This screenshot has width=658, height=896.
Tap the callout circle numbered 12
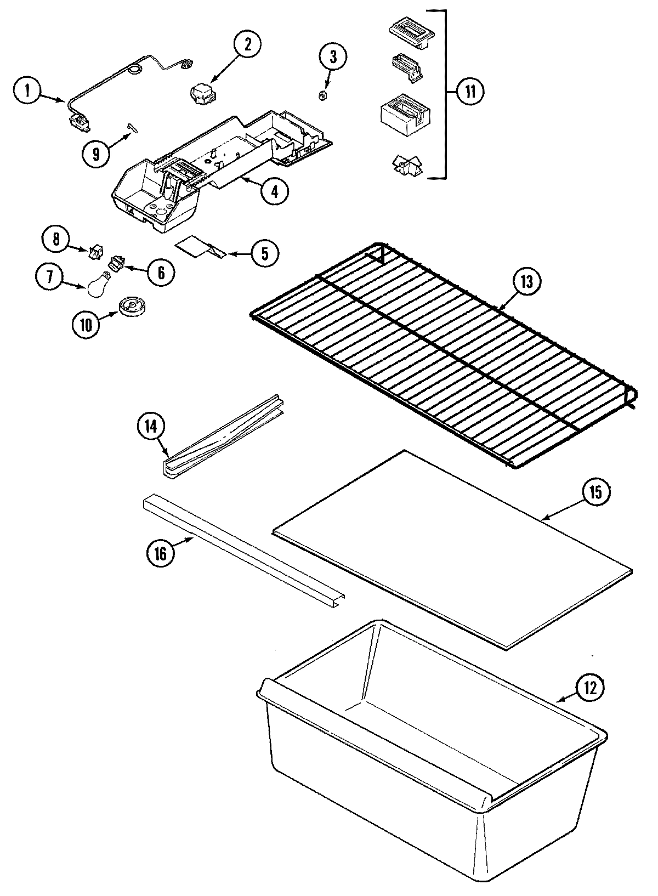click(589, 688)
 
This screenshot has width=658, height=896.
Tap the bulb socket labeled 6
click(116, 264)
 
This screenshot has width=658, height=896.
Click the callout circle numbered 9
click(97, 154)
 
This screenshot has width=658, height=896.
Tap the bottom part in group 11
click(406, 165)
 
